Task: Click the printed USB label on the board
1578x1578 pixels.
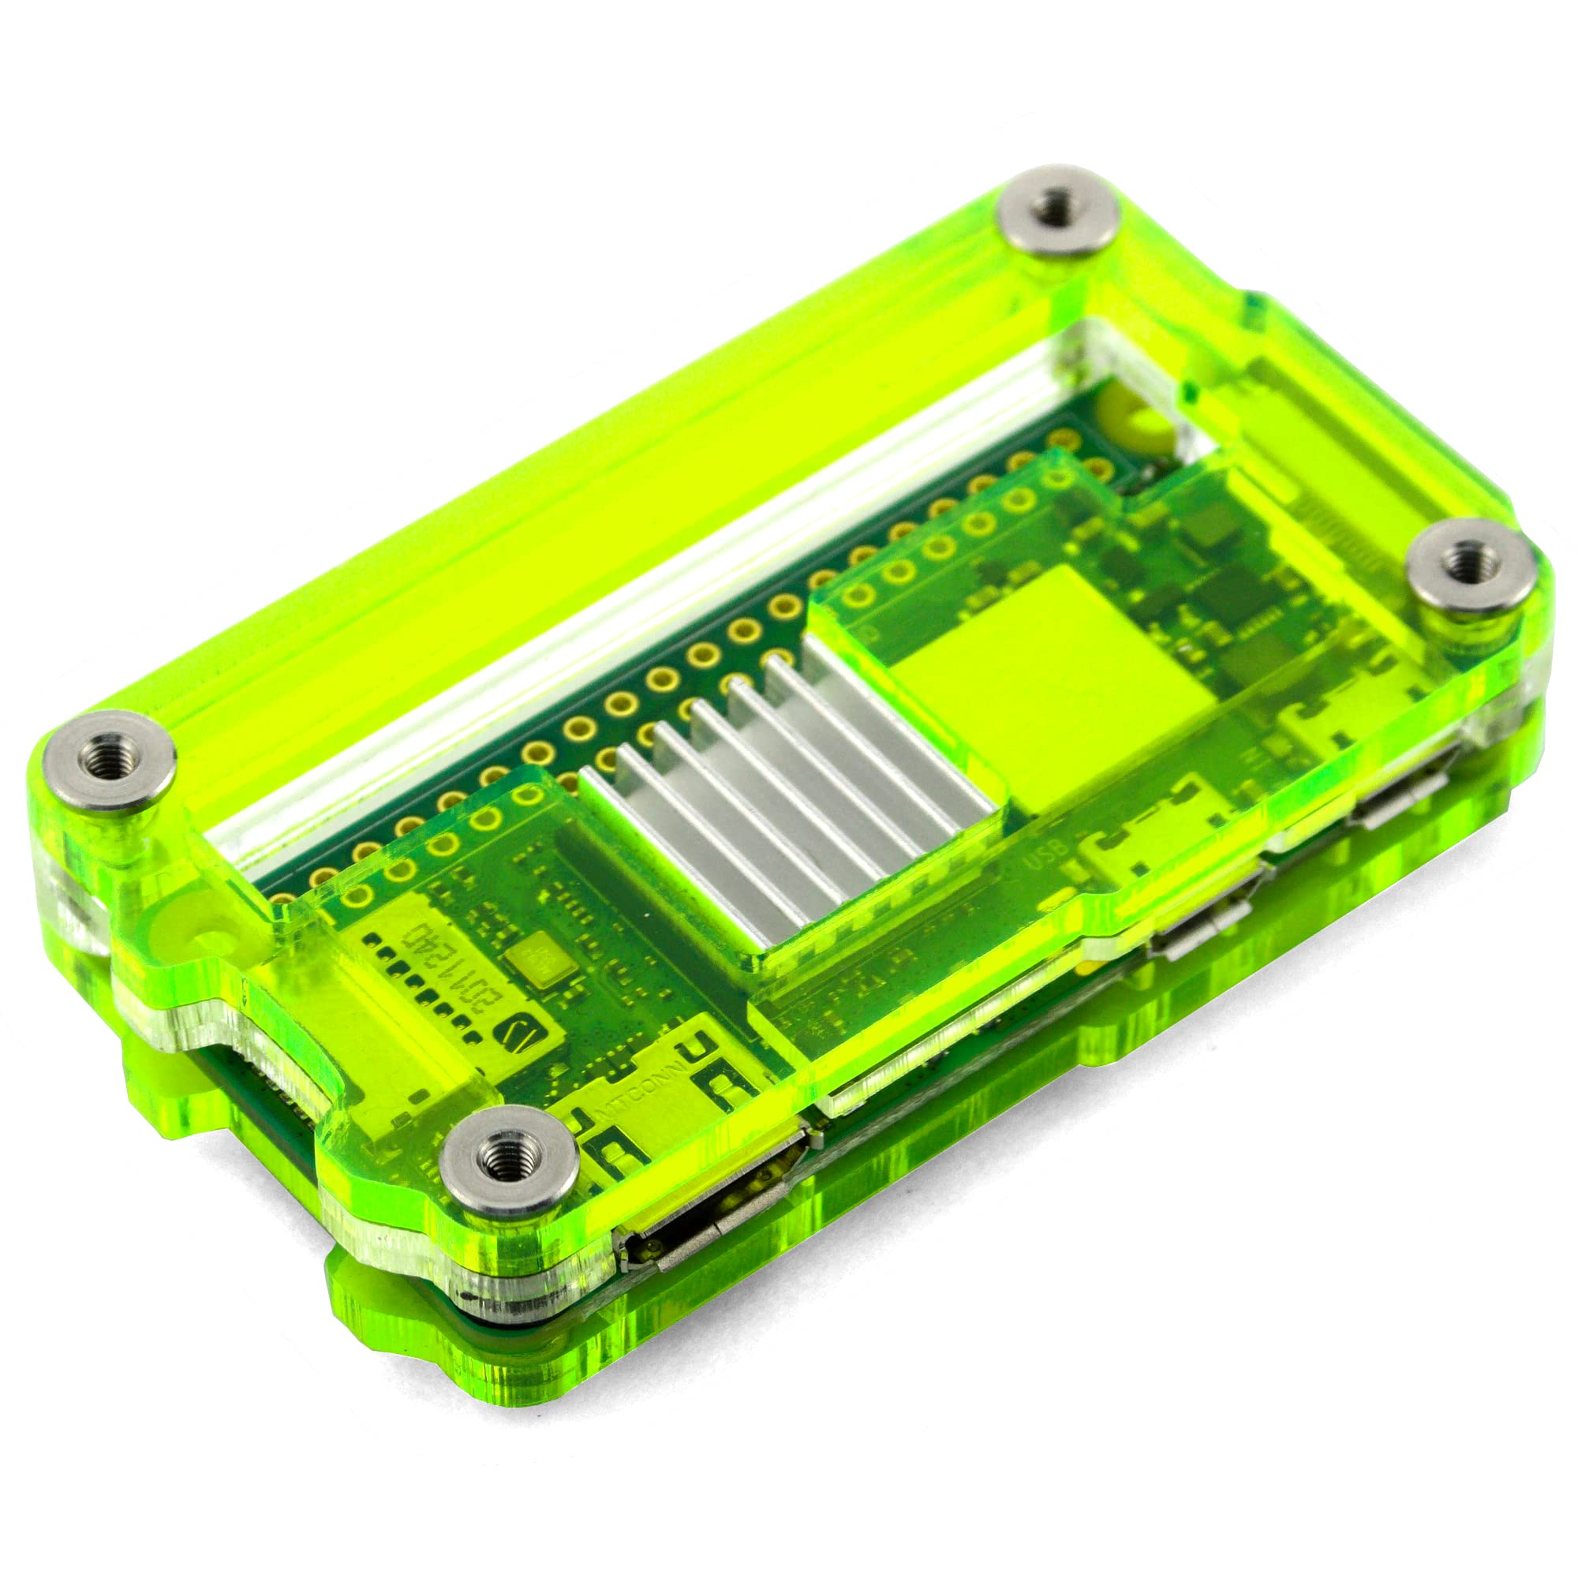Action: [x=1049, y=858]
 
